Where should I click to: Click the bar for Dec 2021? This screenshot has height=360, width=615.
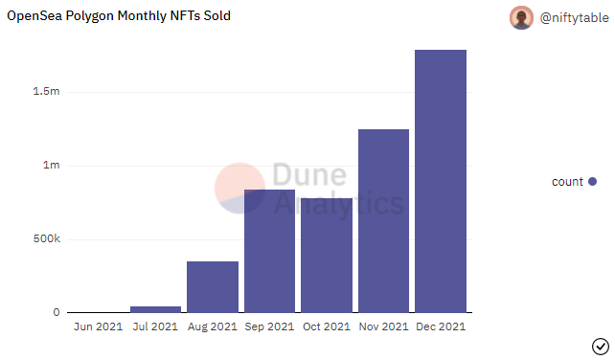(x=441, y=181)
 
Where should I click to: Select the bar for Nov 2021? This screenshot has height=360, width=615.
(x=383, y=220)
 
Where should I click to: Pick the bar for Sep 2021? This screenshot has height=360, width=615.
(x=269, y=251)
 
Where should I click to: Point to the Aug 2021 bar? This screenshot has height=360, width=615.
(x=213, y=286)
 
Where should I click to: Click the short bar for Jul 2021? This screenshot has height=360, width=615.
(x=155, y=309)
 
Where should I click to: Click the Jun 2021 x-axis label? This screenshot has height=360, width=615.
(x=98, y=327)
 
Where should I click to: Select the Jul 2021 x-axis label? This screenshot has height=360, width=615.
(x=155, y=327)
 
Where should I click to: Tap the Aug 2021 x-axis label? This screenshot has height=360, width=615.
(x=213, y=327)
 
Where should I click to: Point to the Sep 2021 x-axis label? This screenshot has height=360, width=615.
(x=269, y=327)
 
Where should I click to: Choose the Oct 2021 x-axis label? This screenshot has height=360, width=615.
(x=327, y=327)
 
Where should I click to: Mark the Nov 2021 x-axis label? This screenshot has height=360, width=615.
(x=383, y=327)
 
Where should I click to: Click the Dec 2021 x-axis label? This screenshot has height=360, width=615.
(x=441, y=327)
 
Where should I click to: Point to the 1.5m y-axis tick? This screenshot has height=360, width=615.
(x=46, y=92)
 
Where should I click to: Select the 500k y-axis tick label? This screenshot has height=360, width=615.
(x=45, y=239)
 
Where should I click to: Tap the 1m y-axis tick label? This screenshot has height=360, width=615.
(x=50, y=166)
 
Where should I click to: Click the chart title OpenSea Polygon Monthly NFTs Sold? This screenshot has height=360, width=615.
(x=119, y=16)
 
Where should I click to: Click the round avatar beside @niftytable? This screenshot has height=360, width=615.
(x=521, y=17)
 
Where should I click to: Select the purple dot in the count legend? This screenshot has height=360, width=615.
(x=592, y=182)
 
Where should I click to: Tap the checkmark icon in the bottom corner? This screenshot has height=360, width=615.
(x=601, y=346)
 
